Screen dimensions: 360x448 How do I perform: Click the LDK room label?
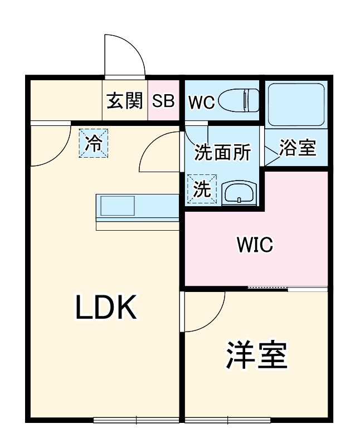pos(106,308)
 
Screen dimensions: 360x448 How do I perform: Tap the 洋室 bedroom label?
pos(256,355)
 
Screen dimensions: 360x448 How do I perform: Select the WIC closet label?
pos(255,245)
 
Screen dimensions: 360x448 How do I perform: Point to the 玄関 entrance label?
pos(125,100)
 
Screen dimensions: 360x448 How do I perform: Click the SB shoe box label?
pos(163,100)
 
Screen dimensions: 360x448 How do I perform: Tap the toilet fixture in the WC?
pos(239,100)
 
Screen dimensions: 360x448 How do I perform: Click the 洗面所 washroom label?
pos(222,152)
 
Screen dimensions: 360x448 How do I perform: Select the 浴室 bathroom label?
pos(298,148)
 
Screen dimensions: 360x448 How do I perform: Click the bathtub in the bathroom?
pos(296,105)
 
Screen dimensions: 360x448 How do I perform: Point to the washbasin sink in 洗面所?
pos(239,193)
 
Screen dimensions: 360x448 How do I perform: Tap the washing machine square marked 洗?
pos(202,189)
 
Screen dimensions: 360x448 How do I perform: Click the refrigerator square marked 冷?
pos(94,143)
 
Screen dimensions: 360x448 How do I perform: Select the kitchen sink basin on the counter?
pos(117,206)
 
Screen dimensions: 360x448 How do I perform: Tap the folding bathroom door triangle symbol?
pos(271,156)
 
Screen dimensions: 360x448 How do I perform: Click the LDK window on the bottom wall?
pos(137,420)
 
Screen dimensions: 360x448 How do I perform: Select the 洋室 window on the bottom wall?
pos(228,420)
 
